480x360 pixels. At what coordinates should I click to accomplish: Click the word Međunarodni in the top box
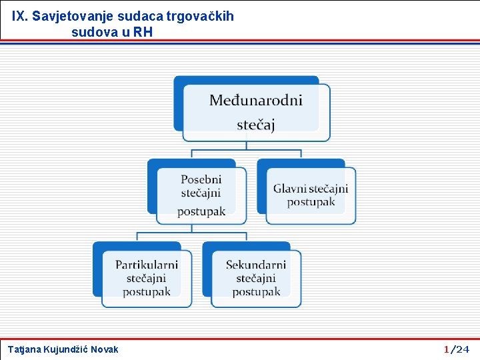click(256, 101)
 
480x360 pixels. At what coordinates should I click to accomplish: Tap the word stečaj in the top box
click(256, 125)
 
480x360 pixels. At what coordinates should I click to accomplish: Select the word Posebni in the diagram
click(201, 179)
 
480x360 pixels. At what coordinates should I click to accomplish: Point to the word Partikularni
click(146, 265)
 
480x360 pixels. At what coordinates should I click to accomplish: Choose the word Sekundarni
click(256, 265)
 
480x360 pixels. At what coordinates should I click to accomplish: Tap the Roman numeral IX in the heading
click(18, 16)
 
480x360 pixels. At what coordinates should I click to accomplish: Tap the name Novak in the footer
click(105, 349)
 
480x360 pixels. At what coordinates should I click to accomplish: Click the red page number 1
click(447, 349)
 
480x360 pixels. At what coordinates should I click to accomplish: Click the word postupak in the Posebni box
click(201, 211)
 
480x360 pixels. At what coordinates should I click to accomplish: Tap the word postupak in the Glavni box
click(311, 201)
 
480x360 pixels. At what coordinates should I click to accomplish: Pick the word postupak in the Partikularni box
click(147, 292)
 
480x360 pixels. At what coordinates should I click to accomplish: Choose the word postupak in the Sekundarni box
click(256, 292)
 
